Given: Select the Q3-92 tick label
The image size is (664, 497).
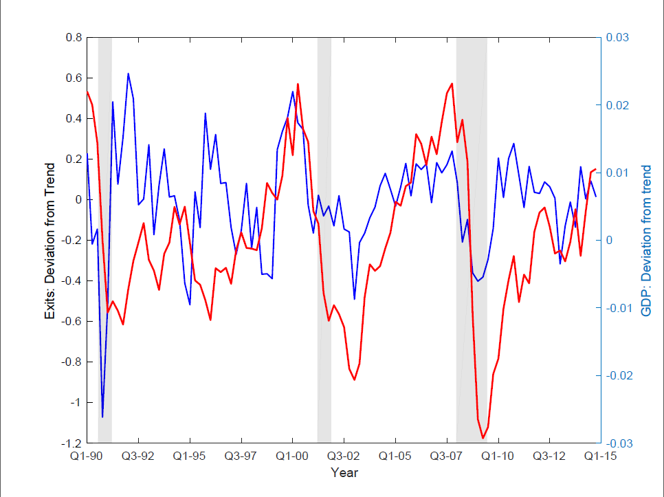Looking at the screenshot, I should click(x=138, y=456).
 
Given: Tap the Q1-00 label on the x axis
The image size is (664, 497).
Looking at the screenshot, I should click(x=292, y=456).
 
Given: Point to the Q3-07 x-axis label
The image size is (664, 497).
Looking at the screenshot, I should click(x=447, y=456).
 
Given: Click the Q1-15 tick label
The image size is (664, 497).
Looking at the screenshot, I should click(x=600, y=456).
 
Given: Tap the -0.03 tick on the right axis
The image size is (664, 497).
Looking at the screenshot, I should click(x=619, y=443).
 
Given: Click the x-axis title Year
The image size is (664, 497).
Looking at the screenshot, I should click(x=344, y=473).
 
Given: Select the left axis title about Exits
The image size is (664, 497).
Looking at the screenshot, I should click(x=49, y=241).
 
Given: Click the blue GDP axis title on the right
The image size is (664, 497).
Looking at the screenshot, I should click(x=646, y=241).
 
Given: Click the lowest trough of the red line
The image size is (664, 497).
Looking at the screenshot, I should click(x=483, y=438).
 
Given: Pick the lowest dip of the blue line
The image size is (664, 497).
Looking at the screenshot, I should click(x=102, y=417).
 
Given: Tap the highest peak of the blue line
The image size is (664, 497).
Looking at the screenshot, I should click(x=129, y=74).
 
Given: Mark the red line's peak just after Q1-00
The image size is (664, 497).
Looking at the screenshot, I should click(x=298, y=84).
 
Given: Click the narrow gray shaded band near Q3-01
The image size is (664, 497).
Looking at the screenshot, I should click(x=324, y=241).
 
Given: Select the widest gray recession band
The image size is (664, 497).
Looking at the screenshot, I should click(x=472, y=241).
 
